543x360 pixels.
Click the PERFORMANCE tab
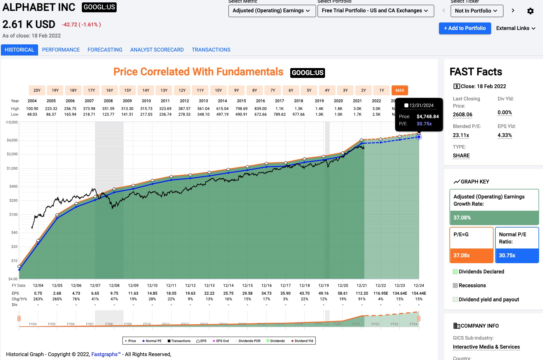point(61,50)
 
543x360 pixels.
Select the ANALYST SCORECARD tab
point(157,50)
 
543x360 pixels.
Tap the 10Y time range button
point(218,90)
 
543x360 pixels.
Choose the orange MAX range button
point(400,90)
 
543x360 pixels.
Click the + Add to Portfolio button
point(465,28)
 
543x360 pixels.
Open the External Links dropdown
point(516,28)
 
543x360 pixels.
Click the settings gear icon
point(530,11)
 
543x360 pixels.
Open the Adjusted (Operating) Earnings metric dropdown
point(272,11)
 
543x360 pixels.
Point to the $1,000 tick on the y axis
point(12,168)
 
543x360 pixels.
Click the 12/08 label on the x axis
point(114,285)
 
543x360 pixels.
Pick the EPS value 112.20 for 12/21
point(362,293)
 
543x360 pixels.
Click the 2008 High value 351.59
point(108,109)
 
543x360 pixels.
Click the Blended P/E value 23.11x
point(461,135)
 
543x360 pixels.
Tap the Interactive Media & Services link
point(486,347)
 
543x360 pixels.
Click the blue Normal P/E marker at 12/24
point(419,137)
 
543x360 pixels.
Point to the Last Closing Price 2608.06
point(462,115)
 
